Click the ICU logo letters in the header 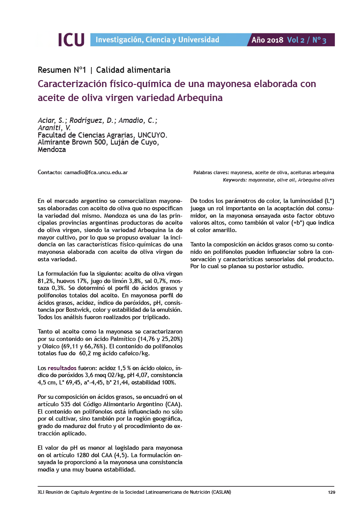(x=71, y=40)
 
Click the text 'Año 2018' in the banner (x=267, y=40)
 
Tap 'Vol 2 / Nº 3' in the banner (x=307, y=40)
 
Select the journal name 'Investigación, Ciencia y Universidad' (x=157, y=40)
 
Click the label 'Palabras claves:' (x=211, y=173)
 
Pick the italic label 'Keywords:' (x=235, y=180)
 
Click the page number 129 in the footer (x=331, y=492)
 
